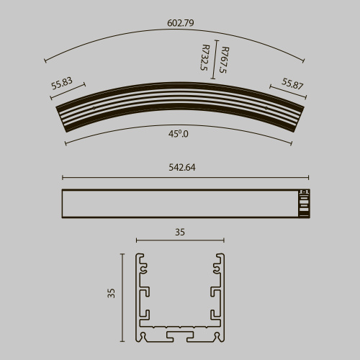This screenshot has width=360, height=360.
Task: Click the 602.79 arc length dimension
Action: (x=181, y=23)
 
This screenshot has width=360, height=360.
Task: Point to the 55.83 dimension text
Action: (x=63, y=84)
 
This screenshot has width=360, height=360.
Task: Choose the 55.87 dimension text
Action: (x=292, y=84)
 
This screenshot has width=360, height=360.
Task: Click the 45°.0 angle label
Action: (x=179, y=133)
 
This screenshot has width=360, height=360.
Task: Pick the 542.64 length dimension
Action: (x=181, y=168)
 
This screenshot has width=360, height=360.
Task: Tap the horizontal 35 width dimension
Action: (x=180, y=232)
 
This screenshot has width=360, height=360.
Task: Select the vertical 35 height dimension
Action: (x=111, y=293)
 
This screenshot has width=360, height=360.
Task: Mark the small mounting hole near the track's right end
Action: (x=268, y=109)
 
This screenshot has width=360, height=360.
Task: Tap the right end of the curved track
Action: (x=301, y=120)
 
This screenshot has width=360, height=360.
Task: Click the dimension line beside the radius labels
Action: (x=215, y=61)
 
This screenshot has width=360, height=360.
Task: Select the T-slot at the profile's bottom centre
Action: (x=180, y=336)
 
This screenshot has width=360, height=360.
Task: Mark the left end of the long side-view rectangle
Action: (x=63, y=202)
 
